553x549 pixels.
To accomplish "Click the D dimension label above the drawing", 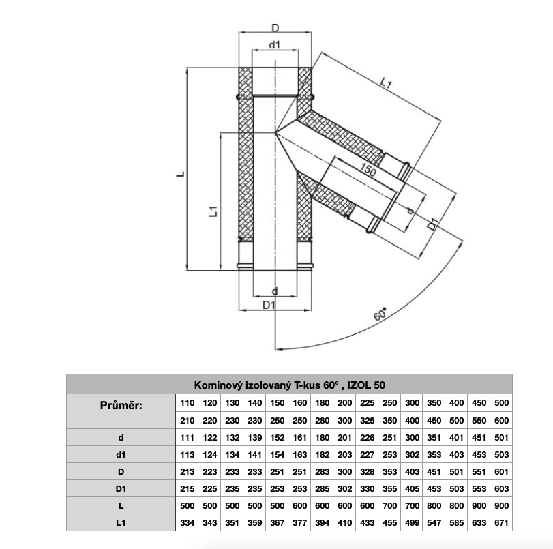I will click(x=275, y=28).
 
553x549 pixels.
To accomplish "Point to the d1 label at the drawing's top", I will click(x=275, y=45).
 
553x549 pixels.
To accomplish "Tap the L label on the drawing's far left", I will click(x=179, y=175).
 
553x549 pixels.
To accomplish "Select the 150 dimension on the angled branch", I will click(x=368, y=171).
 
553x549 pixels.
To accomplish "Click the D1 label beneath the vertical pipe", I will click(x=269, y=305).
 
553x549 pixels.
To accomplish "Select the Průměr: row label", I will click(x=121, y=405).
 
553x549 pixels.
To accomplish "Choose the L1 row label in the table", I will click(x=121, y=522).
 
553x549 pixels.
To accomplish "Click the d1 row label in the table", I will click(x=121, y=454).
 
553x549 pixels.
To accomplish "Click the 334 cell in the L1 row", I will click(x=187, y=522).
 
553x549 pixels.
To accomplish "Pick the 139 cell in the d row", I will click(x=255, y=437).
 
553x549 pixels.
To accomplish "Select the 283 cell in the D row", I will click(x=322, y=471).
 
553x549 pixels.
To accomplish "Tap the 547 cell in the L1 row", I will click(x=434, y=522).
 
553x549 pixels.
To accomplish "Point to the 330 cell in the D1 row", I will click(x=367, y=488).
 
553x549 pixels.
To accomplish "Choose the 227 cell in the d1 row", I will click(x=367, y=454).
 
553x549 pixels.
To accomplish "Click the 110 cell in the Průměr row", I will click(x=187, y=403).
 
